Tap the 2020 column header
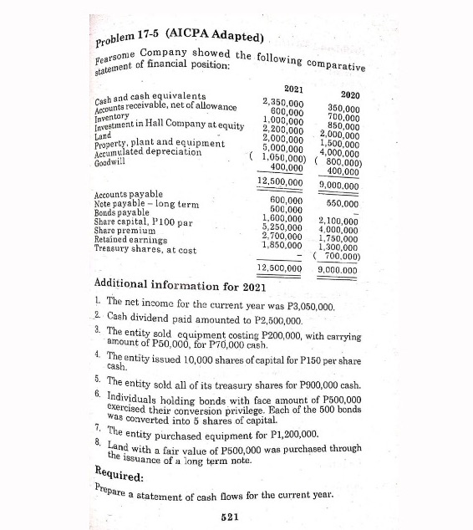point(351,96)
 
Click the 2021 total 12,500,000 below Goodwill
point(279,181)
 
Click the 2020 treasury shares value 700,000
point(344,256)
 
